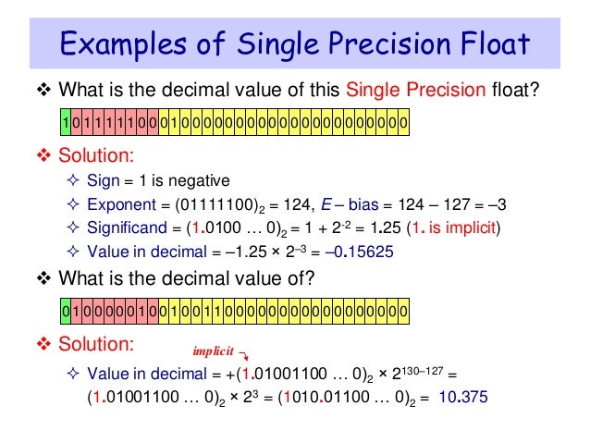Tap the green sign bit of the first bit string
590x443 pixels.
(x=65, y=123)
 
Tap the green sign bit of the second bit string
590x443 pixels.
(x=65, y=311)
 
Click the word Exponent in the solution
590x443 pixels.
(x=117, y=204)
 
